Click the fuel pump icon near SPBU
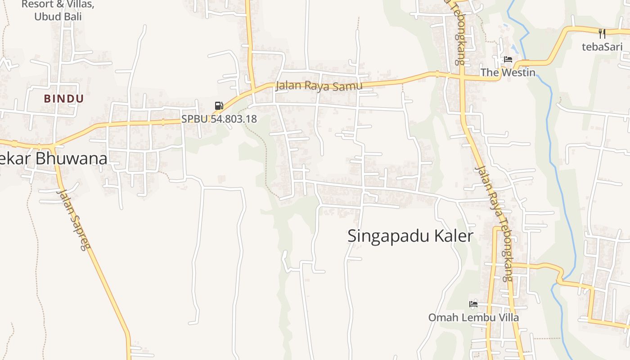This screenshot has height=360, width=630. pos(219,106)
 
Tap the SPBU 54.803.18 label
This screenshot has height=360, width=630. pos(219,119)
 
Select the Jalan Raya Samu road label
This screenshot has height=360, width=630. pos(319,85)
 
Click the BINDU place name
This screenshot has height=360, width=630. pos(64,99)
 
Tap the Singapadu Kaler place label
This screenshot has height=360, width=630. pos(410,236)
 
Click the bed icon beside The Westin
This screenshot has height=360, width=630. pos(508,59)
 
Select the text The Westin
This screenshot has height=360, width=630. pos(508,72)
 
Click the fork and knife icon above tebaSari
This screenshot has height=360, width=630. pos(602,33)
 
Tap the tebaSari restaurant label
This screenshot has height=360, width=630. pos(602,46)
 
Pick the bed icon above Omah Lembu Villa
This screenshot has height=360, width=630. pos(473,304)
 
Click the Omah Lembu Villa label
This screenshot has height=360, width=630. pos(473,318)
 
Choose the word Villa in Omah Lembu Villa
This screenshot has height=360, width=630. pos(508,318)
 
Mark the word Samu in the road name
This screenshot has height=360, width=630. pos(348,86)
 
